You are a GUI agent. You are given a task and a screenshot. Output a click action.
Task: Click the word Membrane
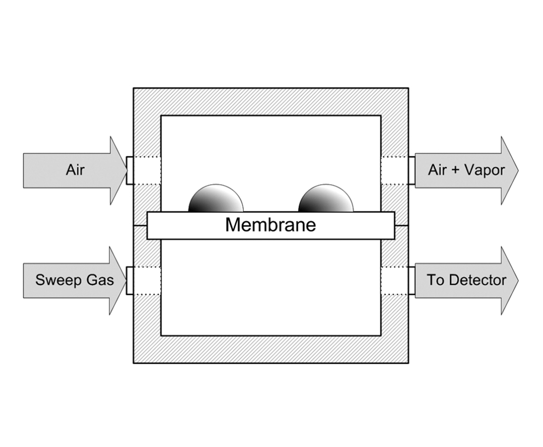point(270,225)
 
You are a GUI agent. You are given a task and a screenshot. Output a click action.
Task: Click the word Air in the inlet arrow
point(75,170)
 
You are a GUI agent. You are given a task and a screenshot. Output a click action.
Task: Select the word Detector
point(476,280)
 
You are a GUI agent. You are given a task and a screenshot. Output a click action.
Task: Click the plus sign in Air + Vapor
point(454,170)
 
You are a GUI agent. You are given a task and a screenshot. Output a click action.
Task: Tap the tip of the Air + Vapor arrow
point(517,171)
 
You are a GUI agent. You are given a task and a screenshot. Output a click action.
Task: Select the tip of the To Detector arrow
point(517,281)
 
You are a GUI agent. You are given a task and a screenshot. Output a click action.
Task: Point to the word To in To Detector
point(435,280)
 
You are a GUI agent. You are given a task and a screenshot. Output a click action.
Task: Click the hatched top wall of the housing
point(270,102)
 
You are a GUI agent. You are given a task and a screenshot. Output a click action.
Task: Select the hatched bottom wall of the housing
point(270,349)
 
